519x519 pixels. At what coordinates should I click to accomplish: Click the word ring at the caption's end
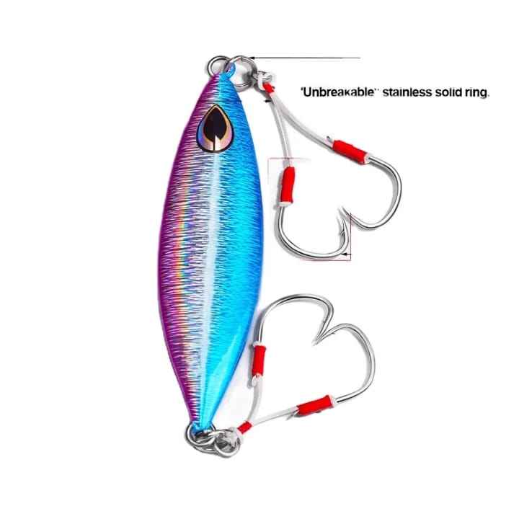tap(478, 92)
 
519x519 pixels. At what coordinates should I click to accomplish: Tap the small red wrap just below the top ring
tap(270, 88)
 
